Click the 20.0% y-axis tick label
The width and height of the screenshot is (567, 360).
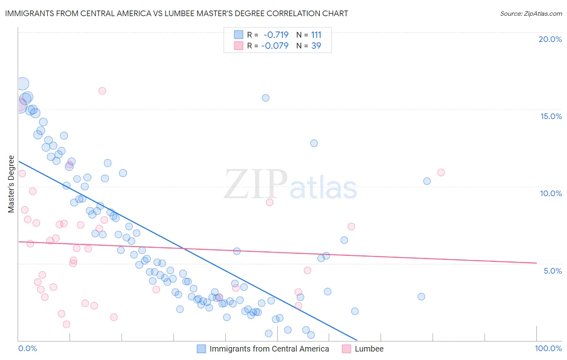tap(550, 39)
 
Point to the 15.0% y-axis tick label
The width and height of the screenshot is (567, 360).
tap(551, 116)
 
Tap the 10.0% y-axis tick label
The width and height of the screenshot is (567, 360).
tap(551, 193)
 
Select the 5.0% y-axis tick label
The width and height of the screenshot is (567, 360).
tap(552, 271)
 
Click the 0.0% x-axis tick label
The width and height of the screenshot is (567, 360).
tap(27, 348)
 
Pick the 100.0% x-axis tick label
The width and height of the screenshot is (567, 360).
tap(548, 348)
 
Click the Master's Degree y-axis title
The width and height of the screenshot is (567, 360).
tap(11, 184)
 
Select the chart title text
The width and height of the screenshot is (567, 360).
tap(177, 13)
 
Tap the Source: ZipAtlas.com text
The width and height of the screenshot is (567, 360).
tap(531, 13)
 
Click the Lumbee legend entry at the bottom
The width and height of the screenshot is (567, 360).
tap(369, 349)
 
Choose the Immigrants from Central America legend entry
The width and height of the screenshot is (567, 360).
tap(269, 349)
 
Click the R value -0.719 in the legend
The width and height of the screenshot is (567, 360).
tap(276, 35)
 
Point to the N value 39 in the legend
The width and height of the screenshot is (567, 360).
tap(316, 46)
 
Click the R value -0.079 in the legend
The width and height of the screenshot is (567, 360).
tap(275, 46)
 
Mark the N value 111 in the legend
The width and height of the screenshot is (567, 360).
tap(316, 35)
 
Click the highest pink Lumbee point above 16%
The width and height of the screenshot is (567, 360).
tap(102, 91)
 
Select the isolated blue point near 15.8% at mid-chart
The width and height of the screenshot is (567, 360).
tap(265, 98)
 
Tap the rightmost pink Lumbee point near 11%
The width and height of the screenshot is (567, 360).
tap(441, 172)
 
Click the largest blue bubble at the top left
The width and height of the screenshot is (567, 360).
tap(23, 84)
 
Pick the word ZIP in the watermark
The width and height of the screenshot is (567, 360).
tap(255, 184)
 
